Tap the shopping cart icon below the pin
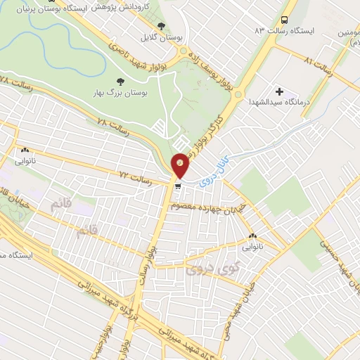(179, 186)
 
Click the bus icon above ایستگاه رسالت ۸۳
(284, 20)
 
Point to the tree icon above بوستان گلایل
(162, 26)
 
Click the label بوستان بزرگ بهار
(118, 93)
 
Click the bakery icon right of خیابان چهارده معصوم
(253, 236)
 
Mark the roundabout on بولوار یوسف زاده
(184, 50)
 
